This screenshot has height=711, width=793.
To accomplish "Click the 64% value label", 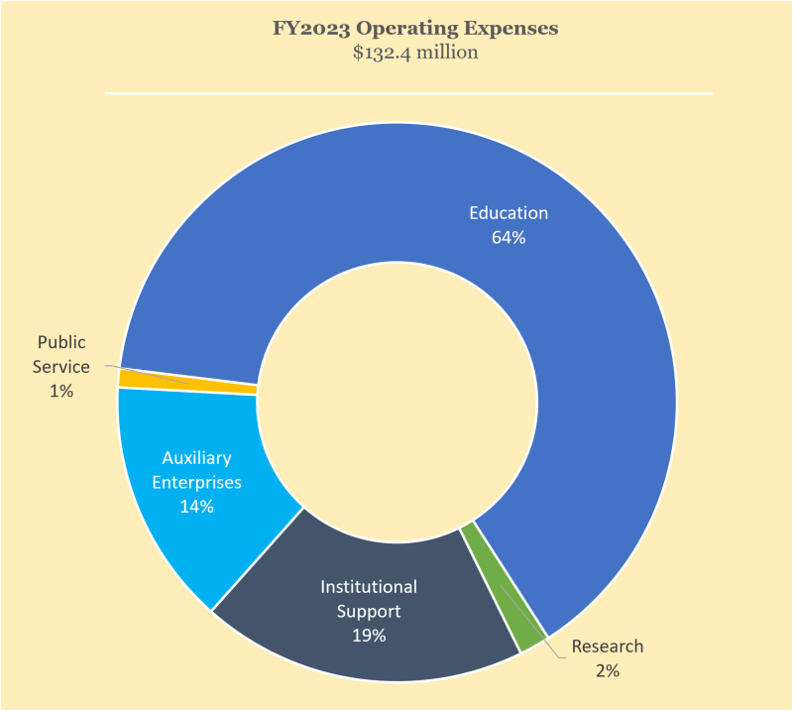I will point(508,238).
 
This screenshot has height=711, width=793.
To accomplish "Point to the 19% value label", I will point(368,636).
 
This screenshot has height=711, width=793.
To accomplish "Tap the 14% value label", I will point(197,507).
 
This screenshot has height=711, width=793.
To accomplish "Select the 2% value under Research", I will point(608,671).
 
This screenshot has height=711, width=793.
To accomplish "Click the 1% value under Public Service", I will point(61,392).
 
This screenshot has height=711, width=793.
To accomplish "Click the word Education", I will point(508,213).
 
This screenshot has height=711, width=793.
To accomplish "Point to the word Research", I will point(608,647).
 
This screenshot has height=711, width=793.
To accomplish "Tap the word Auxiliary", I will point(197,458).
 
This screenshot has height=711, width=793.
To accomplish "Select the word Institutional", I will point(368,587).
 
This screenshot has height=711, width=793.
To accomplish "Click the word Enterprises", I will point(197,483).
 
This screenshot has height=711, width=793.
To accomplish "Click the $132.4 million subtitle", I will point(415,53).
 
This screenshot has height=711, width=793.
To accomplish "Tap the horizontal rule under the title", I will point(408,94).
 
